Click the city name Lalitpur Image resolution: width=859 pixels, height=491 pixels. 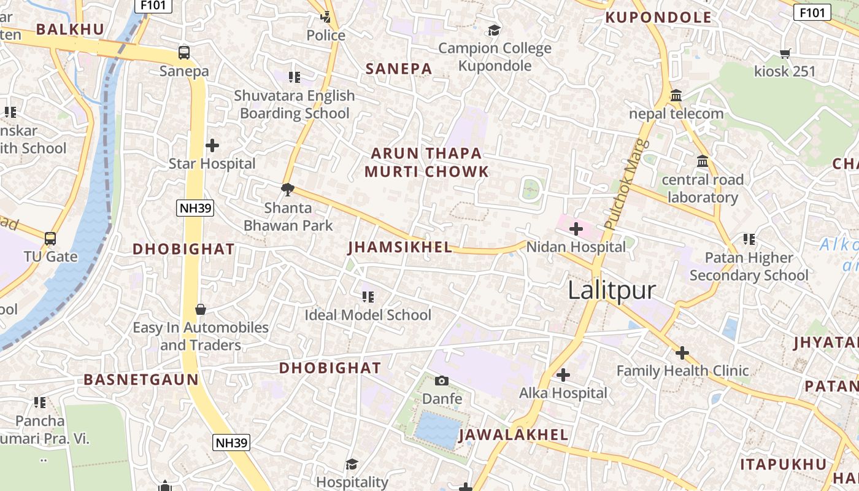coord(611,290)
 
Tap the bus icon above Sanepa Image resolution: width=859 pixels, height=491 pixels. coord(184,53)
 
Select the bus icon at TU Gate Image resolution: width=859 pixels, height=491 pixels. coord(50,238)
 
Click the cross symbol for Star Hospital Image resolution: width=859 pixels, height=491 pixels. coord(212,145)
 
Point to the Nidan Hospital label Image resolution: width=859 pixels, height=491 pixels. coord(576,247)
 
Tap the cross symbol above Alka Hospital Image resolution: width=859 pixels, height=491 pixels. coord(563,374)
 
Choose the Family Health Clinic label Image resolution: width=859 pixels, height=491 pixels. coord(682,371)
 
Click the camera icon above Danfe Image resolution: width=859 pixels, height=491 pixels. coord(441,381)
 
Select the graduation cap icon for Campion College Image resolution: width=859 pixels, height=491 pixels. coord(494,30)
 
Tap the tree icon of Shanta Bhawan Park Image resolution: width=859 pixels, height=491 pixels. coord(287,189)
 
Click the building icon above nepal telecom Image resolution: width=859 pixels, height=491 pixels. coord(676,96)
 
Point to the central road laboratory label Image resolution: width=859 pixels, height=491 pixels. coord(703,188)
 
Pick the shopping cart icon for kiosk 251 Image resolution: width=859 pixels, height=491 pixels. coord(785,53)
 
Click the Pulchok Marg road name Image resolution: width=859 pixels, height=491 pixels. coord(626,184)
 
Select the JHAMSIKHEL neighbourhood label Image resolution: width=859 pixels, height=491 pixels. coord(400,247)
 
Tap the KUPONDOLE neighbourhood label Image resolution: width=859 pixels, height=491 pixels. coord(658,17)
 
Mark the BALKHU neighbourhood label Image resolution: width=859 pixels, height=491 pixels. coord(70,29)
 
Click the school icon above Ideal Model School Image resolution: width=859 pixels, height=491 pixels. coord(368,297)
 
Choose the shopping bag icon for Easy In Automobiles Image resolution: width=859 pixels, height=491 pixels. coord(201,309)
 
